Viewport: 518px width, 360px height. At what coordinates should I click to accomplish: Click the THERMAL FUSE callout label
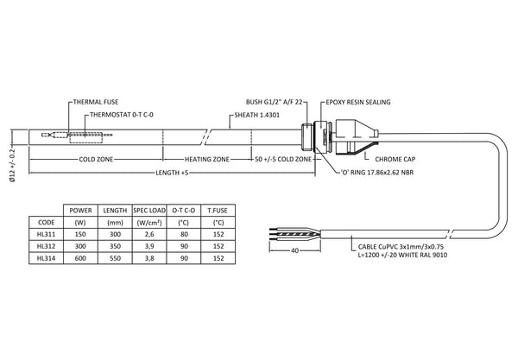point(94,102)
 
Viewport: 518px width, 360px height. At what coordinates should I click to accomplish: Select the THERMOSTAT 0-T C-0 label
point(122,115)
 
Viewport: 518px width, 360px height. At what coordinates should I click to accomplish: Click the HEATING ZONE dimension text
point(208,160)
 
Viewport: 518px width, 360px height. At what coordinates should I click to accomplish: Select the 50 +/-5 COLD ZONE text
point(285,160)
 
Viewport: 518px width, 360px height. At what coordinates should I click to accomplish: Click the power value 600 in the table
point(80,257)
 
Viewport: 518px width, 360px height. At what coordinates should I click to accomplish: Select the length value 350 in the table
point(113,245)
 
